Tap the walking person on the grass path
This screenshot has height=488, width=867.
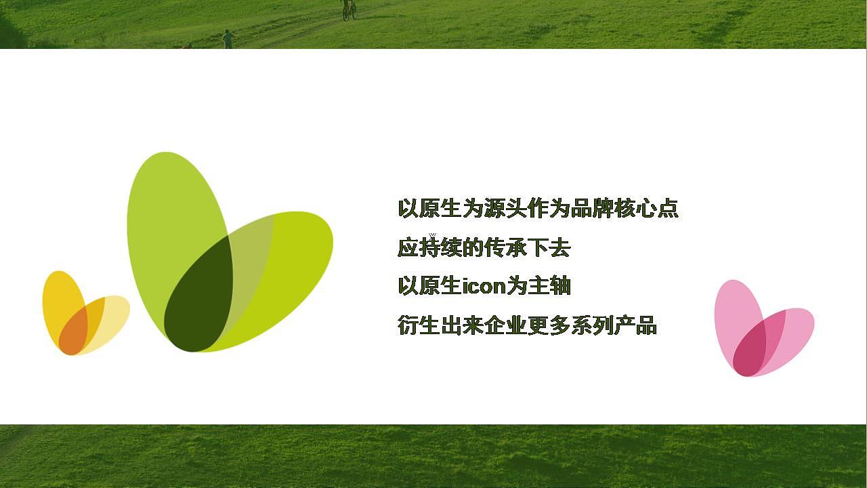coord(228,39)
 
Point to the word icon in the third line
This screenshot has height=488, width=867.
coord(484,287)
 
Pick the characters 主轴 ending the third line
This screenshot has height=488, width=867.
coord(549,287)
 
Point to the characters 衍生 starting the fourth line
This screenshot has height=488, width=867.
coord(419,326)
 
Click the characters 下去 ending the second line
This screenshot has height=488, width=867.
coord(549,248)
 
